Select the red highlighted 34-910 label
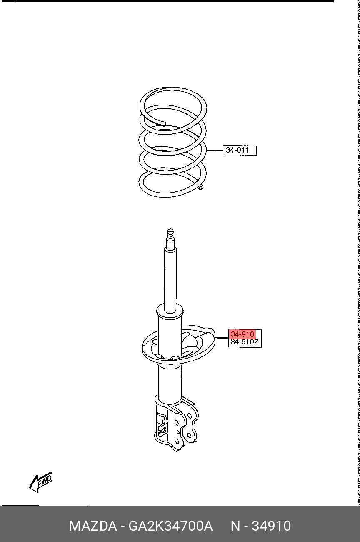(242, 334)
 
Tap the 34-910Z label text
(245, 342)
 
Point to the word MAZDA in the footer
(93, 526)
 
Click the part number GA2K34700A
(170, 526)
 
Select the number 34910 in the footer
(271, 526)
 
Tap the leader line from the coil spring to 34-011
(215, 150)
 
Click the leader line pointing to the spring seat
(222, 338)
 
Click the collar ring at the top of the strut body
(170, 312)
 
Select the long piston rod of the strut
(170, 278)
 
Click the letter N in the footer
(235, 526)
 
